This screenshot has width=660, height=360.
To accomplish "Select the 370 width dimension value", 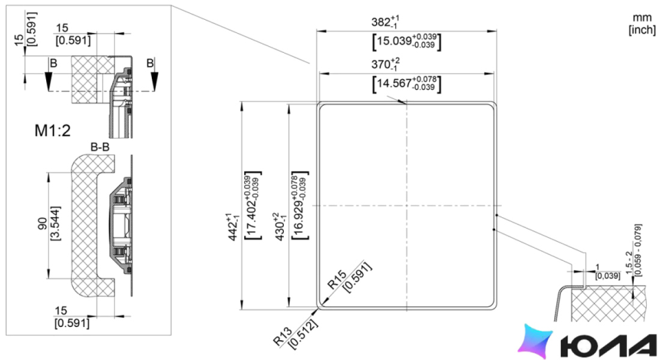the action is coord(385,64).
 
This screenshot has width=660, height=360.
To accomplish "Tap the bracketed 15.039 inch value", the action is coord(407,41).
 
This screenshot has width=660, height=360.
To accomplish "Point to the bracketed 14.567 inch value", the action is coord(407,83).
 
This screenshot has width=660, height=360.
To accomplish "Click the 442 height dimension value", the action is coord(233,227).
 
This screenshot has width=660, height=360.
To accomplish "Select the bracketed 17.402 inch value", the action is coord(253,206).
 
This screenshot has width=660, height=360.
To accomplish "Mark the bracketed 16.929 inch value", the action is coord(299,206).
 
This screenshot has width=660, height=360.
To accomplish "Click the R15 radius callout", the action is coord(337,279).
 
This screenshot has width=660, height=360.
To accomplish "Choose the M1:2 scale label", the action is coord(53,131).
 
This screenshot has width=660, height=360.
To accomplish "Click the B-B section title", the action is coord(100,147).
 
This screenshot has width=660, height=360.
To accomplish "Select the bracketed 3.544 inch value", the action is coord(55,223).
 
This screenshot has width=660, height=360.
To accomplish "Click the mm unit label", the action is coord(642,18).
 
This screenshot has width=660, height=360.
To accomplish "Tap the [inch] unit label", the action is coord(642,30).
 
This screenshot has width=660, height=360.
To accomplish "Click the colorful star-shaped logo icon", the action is coord(535,341).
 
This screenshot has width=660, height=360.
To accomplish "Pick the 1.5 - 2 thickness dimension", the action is coord(629,263).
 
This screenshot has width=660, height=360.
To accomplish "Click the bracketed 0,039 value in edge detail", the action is coord(608,276).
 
